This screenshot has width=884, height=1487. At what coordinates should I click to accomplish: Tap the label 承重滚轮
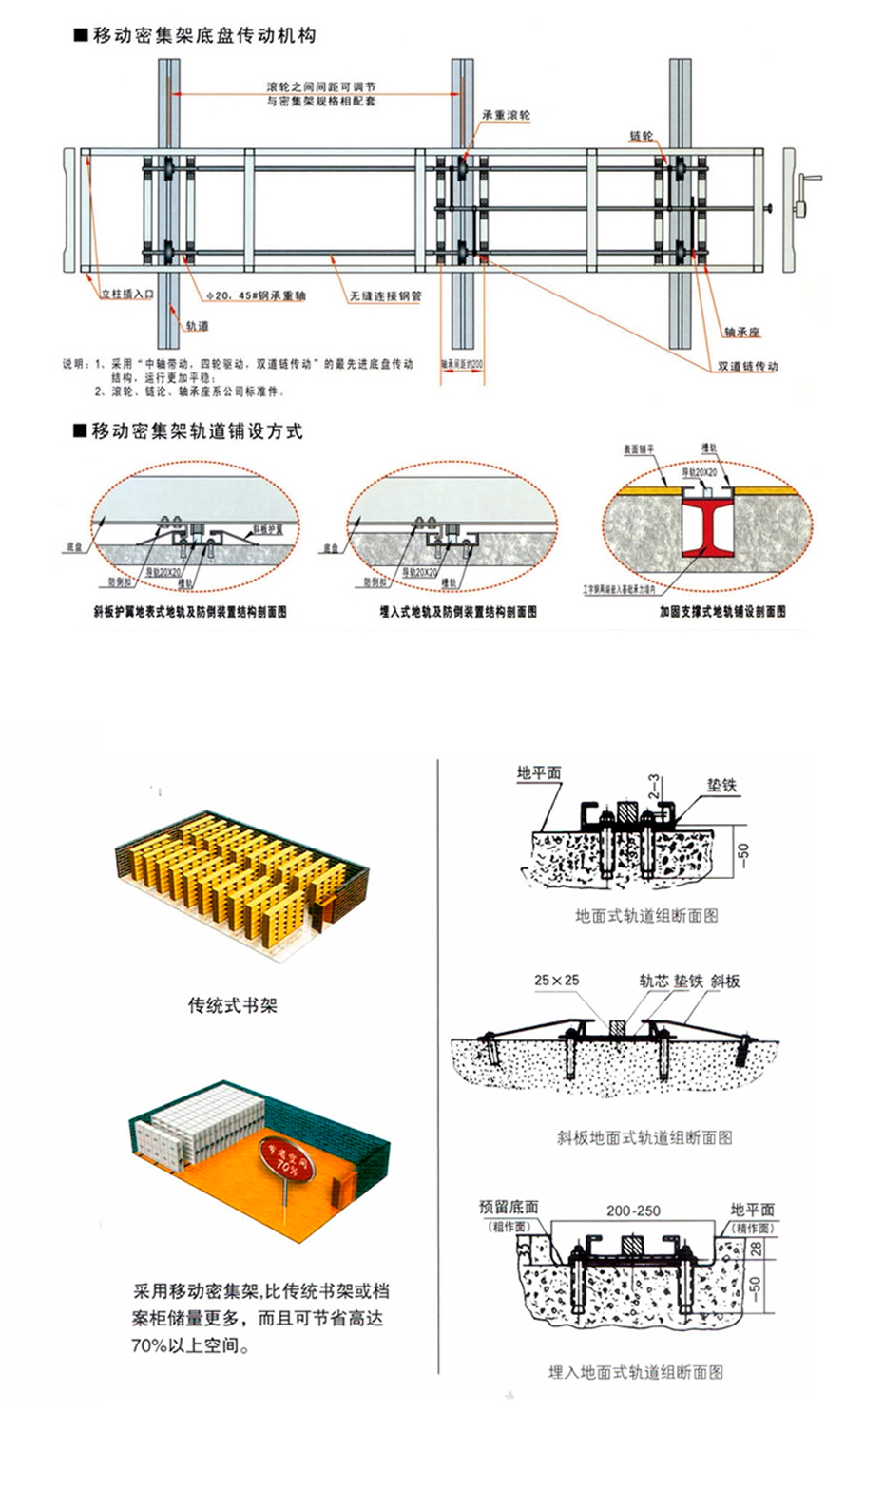pyautogui.click(x=506, y=116)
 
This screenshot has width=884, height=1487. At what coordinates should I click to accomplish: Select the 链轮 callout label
pyautogui.click(x=642, y=136)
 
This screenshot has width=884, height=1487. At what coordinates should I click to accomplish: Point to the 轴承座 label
pyautogui.click(x=741, y=332)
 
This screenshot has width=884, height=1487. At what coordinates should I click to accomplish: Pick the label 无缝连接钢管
pyautogui.click(x=385, y=296)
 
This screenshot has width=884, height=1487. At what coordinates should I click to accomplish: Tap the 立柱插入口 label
pyautogui.click(x=127, y=295)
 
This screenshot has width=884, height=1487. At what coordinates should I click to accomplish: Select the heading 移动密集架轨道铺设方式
pyautogui.click(x=196, y=431)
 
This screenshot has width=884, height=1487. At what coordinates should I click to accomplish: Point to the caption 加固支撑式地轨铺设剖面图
pyautogui.click(x=722, y=612)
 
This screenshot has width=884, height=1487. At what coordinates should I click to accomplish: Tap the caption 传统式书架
pyautogui.click(x=233, y=1005)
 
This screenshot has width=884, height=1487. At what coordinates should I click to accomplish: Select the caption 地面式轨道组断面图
pyautogui.click(x=646, y=916)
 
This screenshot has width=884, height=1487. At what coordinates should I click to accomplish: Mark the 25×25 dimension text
pyautogui.click(x=557, y=980)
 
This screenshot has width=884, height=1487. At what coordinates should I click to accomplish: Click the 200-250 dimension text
pyautogui.click(x=633, y=1211)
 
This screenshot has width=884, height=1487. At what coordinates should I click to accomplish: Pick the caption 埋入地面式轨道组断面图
pyautogui.click(x=636, y=1372)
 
